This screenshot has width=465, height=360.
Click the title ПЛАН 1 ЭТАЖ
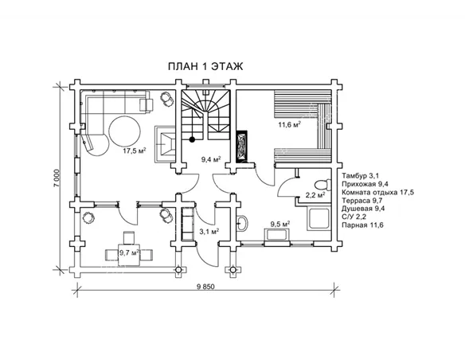click(x=205, y=66)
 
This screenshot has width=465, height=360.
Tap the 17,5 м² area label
click(x=135, y=151)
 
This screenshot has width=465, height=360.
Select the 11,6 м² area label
click(x=290, y=124)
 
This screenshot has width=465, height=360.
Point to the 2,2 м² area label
click(x=315, y=195)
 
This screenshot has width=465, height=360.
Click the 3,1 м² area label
click(x=209, y=232)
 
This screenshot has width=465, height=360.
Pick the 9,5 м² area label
click(x=280, y=224)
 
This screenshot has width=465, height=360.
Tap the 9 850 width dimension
click(x=205, y=287)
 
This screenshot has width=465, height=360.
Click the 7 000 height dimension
click(x=57, y=178)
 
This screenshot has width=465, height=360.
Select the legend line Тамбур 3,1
click(x=361, y=175)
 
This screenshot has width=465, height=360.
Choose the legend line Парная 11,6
click(x=362, y=225)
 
